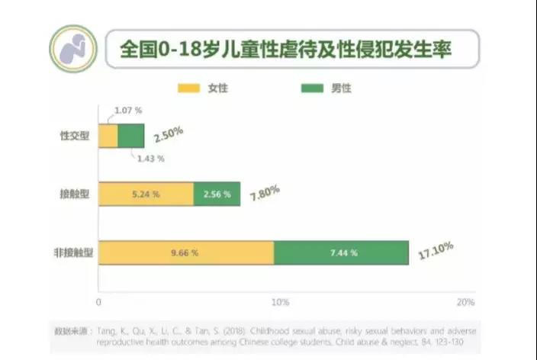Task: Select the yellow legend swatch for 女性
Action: coord(188,88)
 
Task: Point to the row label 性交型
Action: coord(75,136)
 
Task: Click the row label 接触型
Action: coord(75,194)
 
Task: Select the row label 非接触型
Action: coord(70,252)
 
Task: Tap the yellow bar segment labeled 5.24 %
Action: coord(146,194)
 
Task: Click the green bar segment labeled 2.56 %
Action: coord(217,194)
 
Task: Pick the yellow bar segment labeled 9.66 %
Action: coord(185,252)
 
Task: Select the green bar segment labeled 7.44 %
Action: coord(343,252)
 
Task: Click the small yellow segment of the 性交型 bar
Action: coord(108,136)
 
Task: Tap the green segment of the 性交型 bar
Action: coord(131,136)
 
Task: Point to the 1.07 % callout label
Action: coord(129,111)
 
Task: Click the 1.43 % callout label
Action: coord(151,159)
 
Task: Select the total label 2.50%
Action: coord(168,135)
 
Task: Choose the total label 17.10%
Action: coord(436,250)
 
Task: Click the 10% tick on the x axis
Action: coord(280,303)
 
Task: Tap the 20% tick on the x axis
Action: coord(465,303)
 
